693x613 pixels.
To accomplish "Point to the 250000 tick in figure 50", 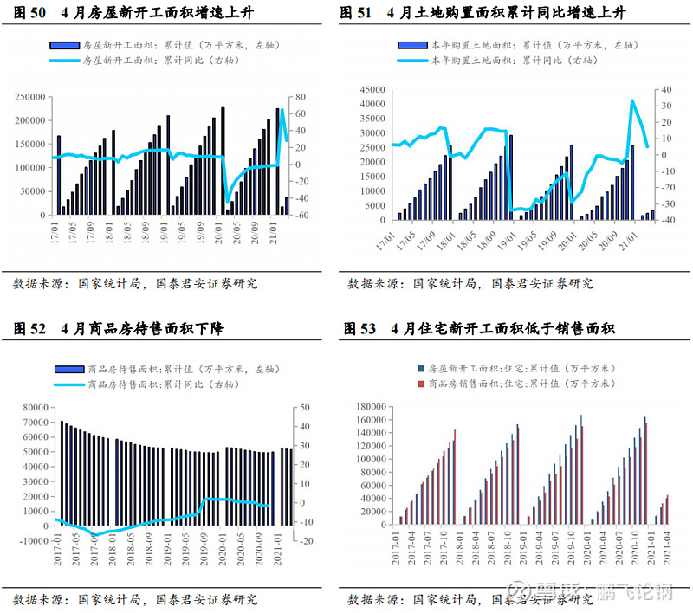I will pos(31,97).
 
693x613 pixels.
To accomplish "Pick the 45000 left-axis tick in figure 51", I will pos(371,89).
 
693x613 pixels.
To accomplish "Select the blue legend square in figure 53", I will pos(420,368).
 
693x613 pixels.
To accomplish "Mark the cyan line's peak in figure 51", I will pos(631,100).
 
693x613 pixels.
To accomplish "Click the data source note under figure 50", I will pos(135,283).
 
